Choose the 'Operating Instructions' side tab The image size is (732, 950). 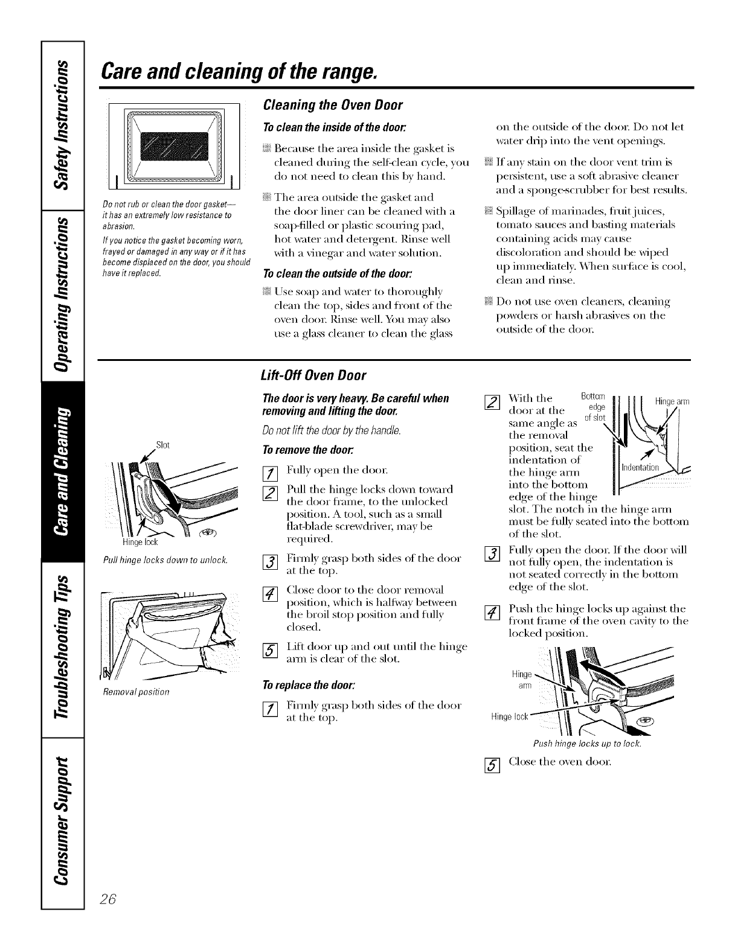pyautogui.click(x=62, y=290)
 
